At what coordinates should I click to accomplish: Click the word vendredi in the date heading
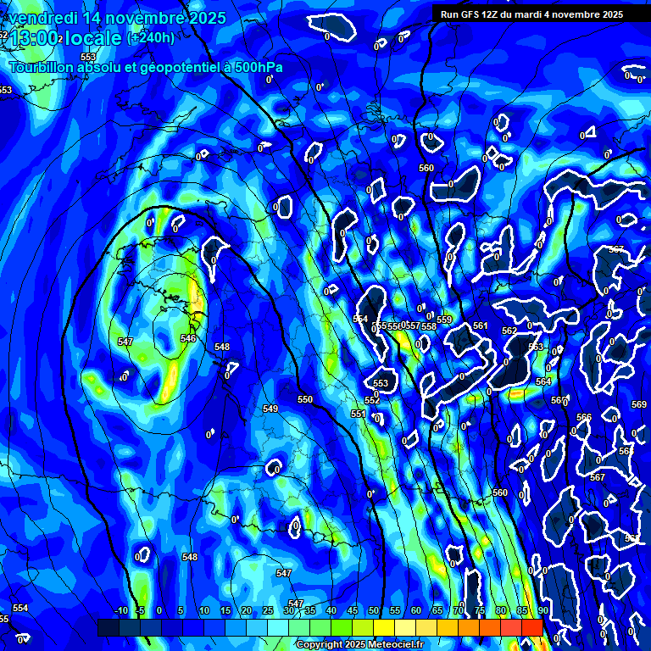click(x=44, y=18)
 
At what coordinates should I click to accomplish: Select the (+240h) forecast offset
click(x=151, y=38)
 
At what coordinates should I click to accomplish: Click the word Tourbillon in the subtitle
click(x=42, y=67)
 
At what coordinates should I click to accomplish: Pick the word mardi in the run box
click(x=538, y=14)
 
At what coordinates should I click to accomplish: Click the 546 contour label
click(x=188, y=338)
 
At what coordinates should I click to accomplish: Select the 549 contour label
click(x=270, y=409)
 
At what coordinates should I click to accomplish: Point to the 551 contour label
click(x=359, y=414)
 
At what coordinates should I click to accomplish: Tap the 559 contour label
click(x=444, y=320)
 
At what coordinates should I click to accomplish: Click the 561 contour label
click(x=481, y=325)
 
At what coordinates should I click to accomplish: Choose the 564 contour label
click(x=543, y=381)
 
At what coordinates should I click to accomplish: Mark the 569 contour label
click(x=638, y=404)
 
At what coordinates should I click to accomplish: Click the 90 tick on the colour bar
click(x=542, y=610)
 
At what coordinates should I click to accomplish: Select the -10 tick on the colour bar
click(x=120, y=610)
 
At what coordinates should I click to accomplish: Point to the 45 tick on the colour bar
click(x=353, y=610)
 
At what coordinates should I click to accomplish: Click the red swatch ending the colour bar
click(x=531, y=627)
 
